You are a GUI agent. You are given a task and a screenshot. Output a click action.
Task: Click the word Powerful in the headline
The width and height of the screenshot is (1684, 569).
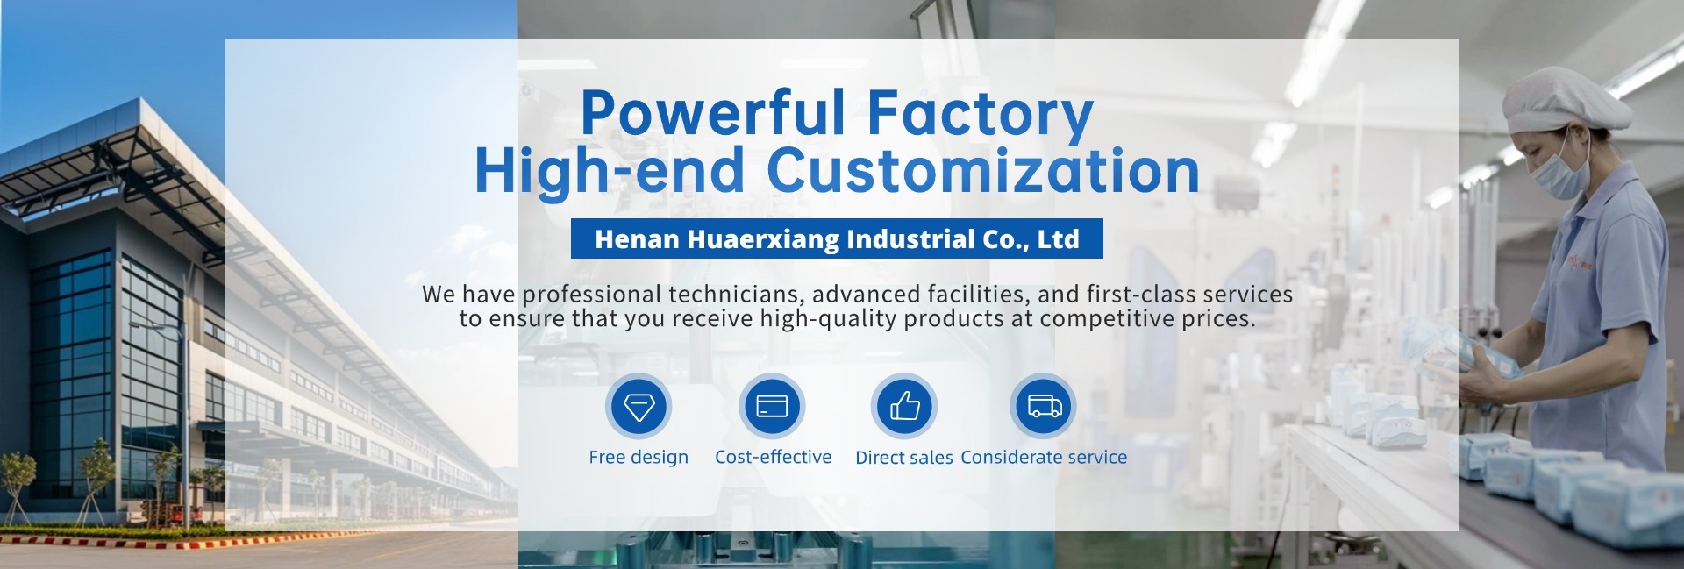(713, 111)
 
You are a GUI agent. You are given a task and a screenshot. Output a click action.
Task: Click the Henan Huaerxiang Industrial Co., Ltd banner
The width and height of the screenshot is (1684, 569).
(837, 238)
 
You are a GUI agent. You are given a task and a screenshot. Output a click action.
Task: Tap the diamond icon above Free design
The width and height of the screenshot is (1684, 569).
(639, 406)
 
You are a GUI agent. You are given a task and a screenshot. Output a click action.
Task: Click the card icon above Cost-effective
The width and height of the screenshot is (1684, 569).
(772, 406)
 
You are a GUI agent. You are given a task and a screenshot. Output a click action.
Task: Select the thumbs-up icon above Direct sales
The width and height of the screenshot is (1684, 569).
(904, 406)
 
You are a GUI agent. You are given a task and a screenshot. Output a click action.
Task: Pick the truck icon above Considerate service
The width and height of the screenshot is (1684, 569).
(1044, 406)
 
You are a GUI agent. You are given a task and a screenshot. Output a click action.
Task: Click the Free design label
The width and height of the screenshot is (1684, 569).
(639, 457)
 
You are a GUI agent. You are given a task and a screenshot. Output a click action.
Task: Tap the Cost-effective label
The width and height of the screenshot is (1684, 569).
(773, 457)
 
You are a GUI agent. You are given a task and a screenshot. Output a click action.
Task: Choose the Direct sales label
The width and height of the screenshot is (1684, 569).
(904, 457)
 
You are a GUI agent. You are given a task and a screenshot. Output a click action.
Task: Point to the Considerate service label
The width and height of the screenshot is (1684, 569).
(1044, 457)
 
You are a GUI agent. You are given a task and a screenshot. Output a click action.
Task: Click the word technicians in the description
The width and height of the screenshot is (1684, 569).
(735, 294)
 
